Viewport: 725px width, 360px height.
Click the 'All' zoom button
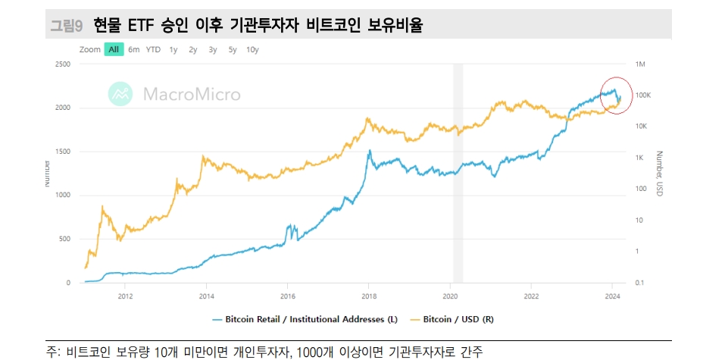point(114,49)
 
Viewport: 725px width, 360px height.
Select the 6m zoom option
point(134,49)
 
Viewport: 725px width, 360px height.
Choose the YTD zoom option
point(153,49)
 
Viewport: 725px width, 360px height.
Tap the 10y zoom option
point(252,49)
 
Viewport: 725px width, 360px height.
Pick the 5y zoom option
point(233,49)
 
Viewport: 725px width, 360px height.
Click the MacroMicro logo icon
point(120,93)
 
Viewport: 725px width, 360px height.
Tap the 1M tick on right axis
point(640,64)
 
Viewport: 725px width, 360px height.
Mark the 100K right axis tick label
point(643,95)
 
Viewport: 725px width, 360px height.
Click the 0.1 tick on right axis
point(640,283)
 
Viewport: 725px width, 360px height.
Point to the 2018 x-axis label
point(369,296)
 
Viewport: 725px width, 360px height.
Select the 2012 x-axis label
point(126,296)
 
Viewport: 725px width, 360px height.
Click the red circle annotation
point(615,95)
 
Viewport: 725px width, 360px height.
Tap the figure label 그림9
point(66,26)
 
